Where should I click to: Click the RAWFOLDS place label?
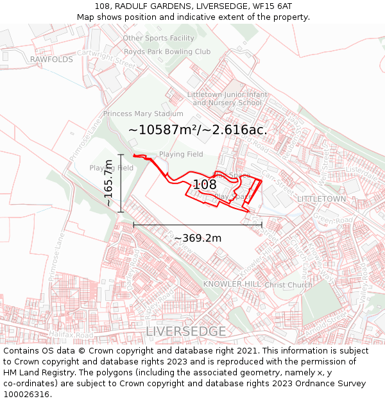coord(51,59)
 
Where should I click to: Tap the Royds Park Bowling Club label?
coord(167,51)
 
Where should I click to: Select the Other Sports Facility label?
coord(158,38)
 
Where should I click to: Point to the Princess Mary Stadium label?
coord(139,114)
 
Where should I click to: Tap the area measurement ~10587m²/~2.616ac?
coord(198,130)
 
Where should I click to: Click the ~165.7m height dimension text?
coord(108,183)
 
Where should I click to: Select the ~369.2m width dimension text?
coord(198,238)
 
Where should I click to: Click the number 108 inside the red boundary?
coord(205,185)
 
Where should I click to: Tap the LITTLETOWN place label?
coord(321,199)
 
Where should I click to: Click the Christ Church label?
coord(288,285)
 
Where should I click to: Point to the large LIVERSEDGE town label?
coord(186,332)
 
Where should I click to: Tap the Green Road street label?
coord(334,221)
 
